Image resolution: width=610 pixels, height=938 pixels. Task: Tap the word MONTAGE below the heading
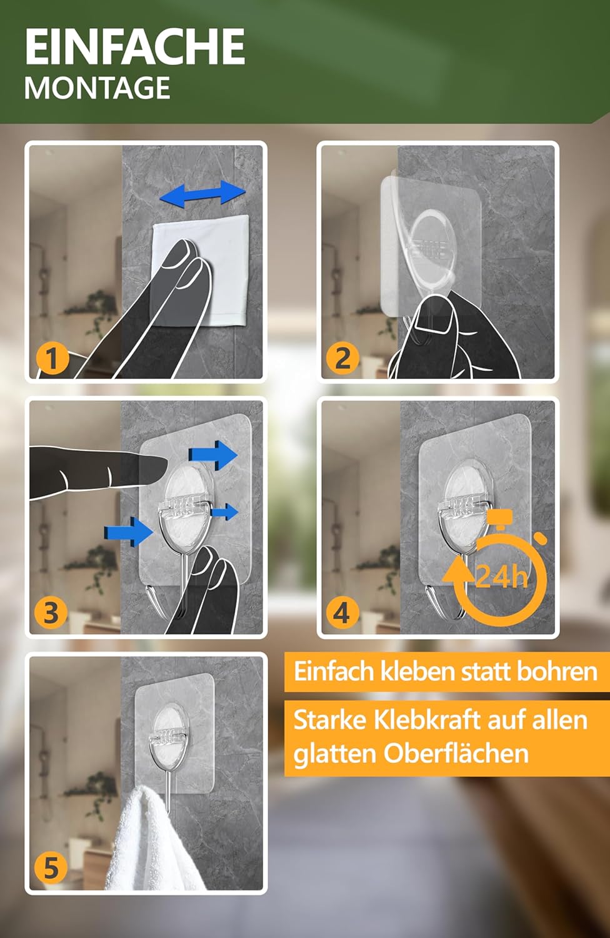click(97, 88)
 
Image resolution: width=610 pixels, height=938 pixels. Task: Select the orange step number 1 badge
click(52, 358)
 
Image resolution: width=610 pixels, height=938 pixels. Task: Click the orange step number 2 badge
click(343, 358)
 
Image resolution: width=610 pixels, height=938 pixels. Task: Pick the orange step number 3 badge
click(51, 613)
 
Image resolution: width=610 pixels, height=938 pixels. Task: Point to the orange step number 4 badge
click(342, 613)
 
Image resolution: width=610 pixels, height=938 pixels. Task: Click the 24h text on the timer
click(502, 577)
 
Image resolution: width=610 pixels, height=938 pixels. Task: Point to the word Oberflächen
click(456, 754)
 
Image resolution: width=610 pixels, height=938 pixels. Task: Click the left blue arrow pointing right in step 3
click(129, 532)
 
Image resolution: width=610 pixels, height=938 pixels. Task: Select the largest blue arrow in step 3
click(213, 455)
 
